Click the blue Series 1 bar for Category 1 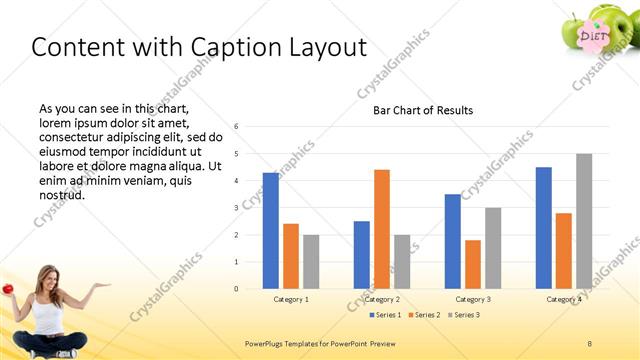pos(271,230)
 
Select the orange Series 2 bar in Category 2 pos(382,229)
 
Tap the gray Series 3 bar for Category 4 pos(584,221)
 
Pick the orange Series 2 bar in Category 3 pos(473,264)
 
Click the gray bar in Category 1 pos(311,261)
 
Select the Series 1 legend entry pos(387,315)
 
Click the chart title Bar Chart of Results pos(423,110)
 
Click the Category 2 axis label pos(382,299)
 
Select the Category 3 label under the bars pos(473,299)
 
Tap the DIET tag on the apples pos(594,37)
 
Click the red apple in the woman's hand pos(8,288)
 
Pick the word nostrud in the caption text pos(61,194)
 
